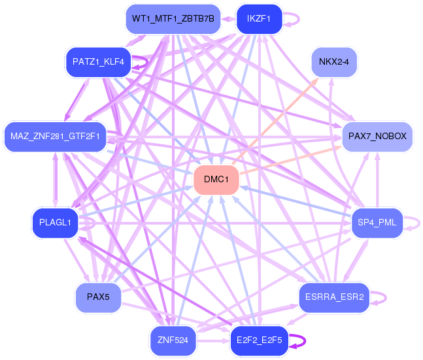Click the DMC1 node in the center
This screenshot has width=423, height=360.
click(216, 179)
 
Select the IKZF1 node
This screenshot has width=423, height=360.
click(259, 19)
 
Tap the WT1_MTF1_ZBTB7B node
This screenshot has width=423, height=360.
click(173, 19)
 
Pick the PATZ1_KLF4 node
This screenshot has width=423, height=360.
click(98, 62)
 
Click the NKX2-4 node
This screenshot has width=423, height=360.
click(334, 62)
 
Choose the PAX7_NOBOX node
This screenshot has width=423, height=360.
click(377, 137)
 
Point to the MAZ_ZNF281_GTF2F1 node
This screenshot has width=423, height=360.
click(55, 137)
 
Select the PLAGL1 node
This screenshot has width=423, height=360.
click(55, 223)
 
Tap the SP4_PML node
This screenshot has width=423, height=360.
click(377, 223)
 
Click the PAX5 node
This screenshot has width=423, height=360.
click(98, 297)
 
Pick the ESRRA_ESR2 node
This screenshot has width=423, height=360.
click(334, 297)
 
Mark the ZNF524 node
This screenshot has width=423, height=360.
click(173, 340)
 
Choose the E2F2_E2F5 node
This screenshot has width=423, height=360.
click(260, 340)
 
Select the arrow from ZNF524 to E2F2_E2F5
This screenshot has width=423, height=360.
click(213, 341)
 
